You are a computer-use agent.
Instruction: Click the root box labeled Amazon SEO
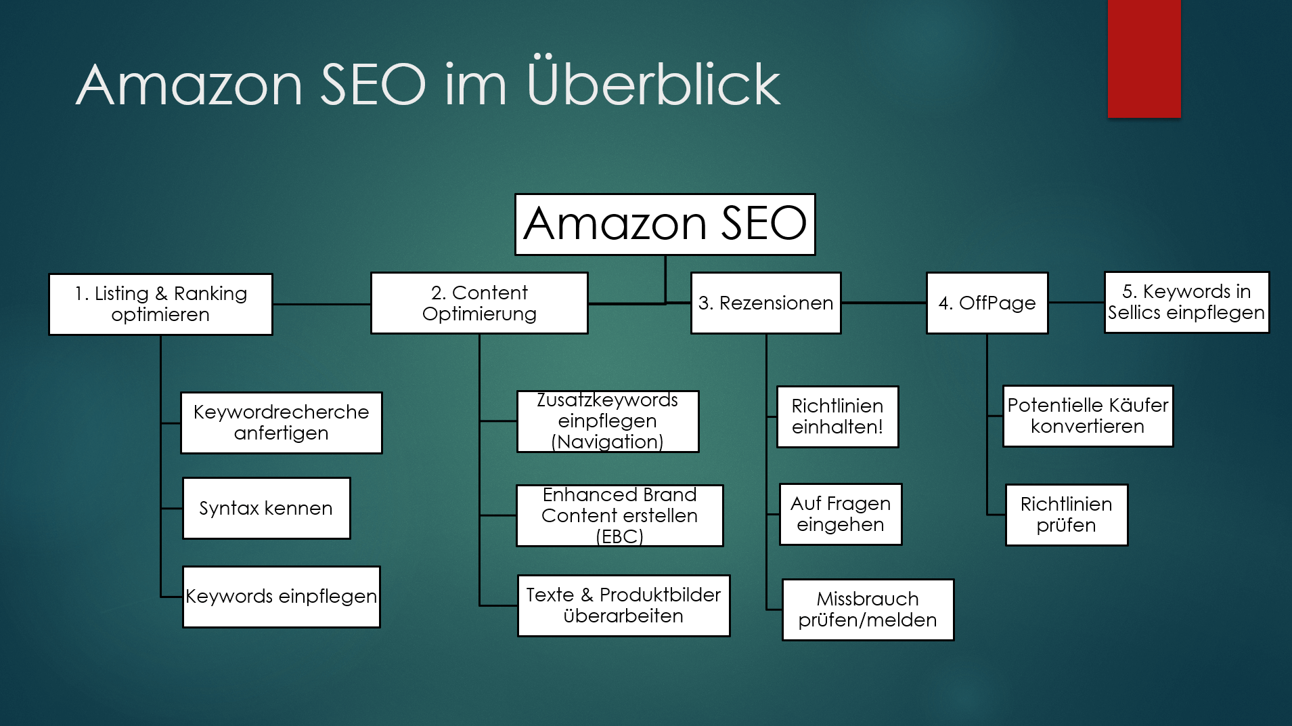coord(665,224)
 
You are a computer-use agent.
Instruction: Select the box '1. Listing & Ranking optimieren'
coord(160,304)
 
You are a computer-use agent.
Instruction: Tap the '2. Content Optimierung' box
coord(479,303)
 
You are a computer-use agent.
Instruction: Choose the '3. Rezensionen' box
coord(765,303)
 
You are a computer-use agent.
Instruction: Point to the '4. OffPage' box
coord(987,303)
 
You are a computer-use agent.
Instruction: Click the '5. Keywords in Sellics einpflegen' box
coord(1186,302)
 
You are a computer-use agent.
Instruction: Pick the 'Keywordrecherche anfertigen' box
coord(281,423)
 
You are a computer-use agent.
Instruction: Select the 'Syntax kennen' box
coord(266,508)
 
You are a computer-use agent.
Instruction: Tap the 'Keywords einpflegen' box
coord(281,597)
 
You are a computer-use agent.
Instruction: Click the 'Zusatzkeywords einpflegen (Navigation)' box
coord(607,421)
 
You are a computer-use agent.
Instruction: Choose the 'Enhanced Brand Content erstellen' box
coord(619,515)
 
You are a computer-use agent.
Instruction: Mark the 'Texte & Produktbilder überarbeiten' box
coord(623,605)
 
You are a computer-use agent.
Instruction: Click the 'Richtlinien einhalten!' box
coord(837,417)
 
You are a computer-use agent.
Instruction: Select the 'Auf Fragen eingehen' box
coord(840,514)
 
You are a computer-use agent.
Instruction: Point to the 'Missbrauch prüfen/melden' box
coord(868,610)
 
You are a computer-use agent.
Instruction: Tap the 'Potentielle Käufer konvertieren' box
coord(1088,416)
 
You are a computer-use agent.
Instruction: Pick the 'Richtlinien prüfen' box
coord(1066,515)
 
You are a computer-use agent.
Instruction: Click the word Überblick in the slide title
coord(653,84)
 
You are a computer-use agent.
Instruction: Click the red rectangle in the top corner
coord(1144,58)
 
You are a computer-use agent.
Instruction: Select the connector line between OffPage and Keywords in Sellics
coord(1076,303)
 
